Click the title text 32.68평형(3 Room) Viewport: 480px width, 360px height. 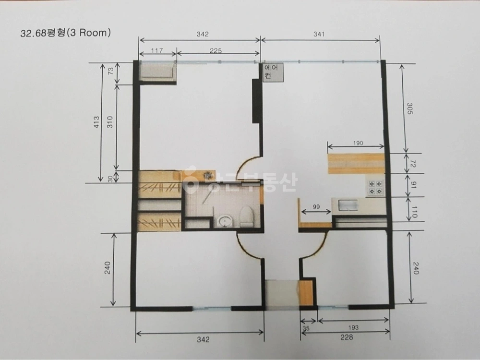click(65, 33)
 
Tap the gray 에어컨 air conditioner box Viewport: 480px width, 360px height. click(273, 72)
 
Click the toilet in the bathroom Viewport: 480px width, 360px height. click(247, 217)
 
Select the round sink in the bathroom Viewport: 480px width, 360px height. click(225, 221)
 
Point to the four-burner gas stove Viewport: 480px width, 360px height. click(376, 187)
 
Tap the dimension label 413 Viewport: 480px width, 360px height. click(96, 122)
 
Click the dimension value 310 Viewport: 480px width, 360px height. click(110, 122)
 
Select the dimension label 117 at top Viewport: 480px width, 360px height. click(157, 50)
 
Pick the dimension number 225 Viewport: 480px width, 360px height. click(216, 51)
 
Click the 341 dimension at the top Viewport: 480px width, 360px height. click(319, 34)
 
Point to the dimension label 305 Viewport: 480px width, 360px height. click(409, 108)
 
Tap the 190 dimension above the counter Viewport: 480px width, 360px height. click(358, 143)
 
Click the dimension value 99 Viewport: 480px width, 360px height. click(316, 206)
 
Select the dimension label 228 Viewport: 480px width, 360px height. click(346, 337)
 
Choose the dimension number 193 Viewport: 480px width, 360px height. click(353, 327)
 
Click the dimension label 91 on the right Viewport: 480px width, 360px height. click(413, 185)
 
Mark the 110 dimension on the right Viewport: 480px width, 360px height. click(414, 212)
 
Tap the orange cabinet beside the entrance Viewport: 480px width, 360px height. click(306, 293)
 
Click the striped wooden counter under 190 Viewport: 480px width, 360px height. click(356, 164)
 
